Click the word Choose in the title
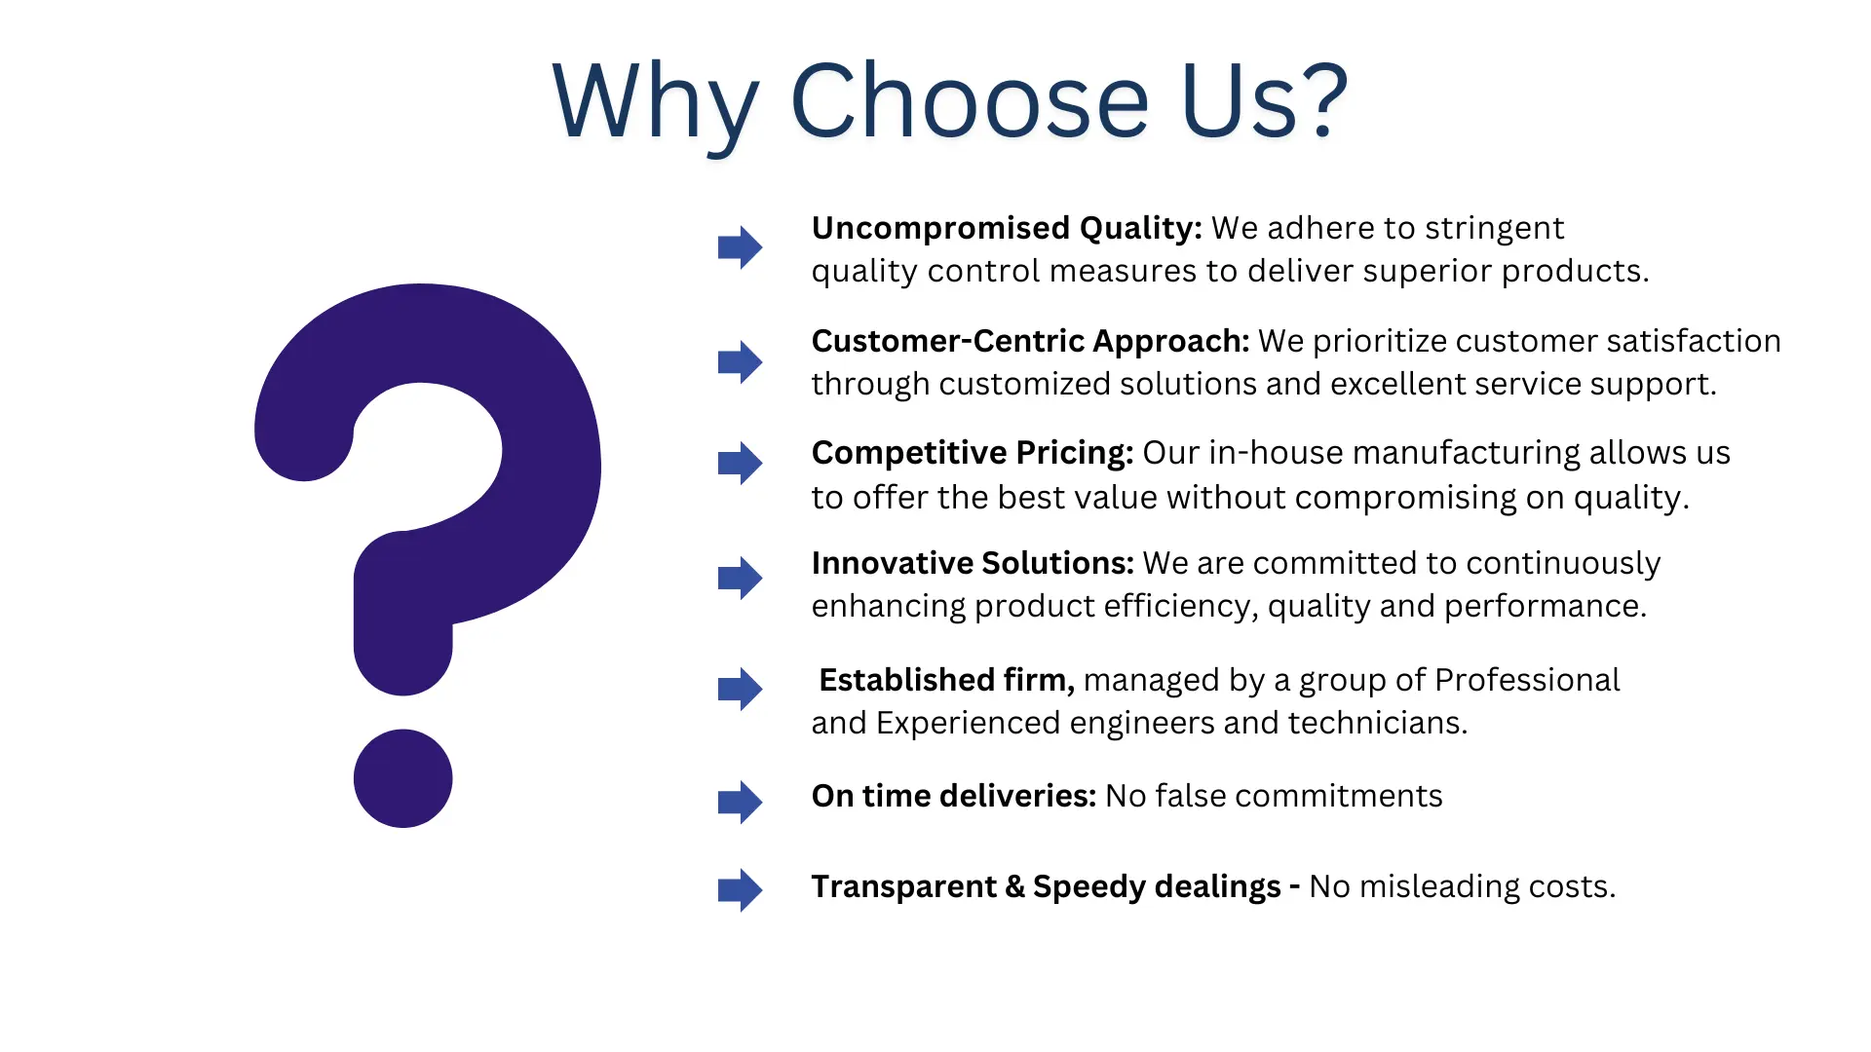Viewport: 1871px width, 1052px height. point(970,100)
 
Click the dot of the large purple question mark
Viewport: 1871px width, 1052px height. point(402,778)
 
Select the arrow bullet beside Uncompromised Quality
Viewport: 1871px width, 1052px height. point(741,247)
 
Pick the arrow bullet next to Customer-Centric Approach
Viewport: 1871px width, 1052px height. point(741,362)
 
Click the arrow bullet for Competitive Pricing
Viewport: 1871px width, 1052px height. point(741,464)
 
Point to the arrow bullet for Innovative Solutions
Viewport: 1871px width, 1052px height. point(741,579)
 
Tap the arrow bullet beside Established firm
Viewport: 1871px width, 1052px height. point(741,690)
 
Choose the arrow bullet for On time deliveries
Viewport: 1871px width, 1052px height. point(741,803)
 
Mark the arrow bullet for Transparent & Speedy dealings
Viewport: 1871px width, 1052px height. point(741,890)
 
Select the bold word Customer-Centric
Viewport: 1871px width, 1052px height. point(948,341)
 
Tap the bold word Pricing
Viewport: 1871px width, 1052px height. point(1074,454)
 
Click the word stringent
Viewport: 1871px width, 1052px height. point(1494,229)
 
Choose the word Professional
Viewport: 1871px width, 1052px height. point(1527,680)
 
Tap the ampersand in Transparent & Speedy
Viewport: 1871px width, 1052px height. point(1014,886)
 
